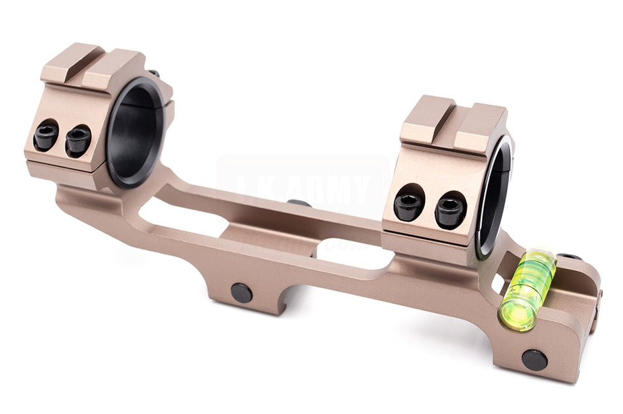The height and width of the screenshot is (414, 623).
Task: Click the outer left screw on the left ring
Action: coord(46,136)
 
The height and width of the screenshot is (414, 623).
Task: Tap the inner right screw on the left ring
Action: coord(78,140)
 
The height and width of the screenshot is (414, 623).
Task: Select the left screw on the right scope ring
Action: coord(408,206)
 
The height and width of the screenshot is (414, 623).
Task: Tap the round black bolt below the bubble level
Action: coord(534,360)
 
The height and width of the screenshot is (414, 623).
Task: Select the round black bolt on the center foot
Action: coord(241,293)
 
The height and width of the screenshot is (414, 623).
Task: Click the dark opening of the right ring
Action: coord(497,197)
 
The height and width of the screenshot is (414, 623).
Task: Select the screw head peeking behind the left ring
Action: coord(153,73)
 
